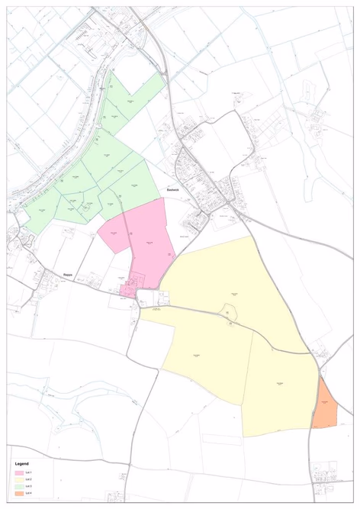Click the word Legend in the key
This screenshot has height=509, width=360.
[21, 464]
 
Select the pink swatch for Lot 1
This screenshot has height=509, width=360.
[18, 473]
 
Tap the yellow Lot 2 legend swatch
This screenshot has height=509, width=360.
[18, 480]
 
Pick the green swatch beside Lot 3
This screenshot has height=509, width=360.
[18, 487]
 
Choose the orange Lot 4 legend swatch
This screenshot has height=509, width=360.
[18, 494]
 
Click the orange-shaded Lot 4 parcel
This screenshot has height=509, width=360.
[324, 404]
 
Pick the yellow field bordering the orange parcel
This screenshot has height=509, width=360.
[278, 389]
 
